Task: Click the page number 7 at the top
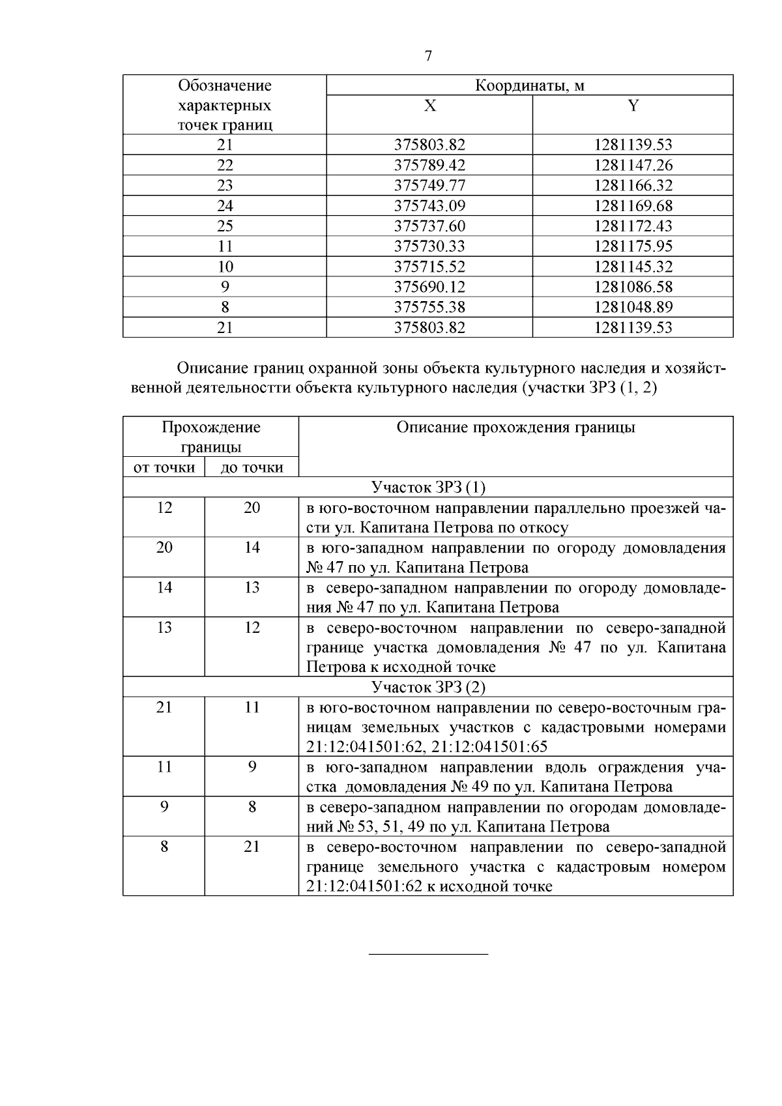coord(428,56)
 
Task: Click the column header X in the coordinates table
coord(429,106)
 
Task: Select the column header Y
coord(633,106)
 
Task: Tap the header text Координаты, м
coord(529,85)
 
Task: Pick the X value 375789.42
coord(429,165)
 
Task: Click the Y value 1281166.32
coord(633,185)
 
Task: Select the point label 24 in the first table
coord(225,206)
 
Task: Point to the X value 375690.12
coord(429,287)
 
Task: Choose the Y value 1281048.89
coord(633,307)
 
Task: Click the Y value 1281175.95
coord(633,246)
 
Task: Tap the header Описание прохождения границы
coord(515,428)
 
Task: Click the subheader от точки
coord(164,467)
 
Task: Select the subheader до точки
coord(252,467)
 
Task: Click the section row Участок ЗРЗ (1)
coord(428,488)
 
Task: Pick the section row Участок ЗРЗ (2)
coord(428,687)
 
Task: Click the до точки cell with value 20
coord(252,508)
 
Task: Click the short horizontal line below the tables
coord(428,955)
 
